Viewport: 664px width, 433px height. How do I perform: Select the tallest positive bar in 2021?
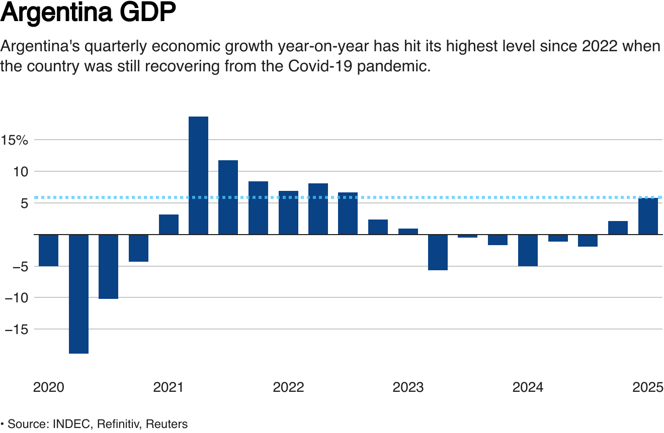[198, 175]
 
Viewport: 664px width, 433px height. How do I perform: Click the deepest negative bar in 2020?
[78, 294]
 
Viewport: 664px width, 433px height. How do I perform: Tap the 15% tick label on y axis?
[15, 140]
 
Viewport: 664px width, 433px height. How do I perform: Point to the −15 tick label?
[15, 330]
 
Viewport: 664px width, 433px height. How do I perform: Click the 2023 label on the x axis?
[408, 387]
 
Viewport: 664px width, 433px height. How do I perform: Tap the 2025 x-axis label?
[648, 387]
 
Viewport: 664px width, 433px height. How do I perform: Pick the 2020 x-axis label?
[48, 387]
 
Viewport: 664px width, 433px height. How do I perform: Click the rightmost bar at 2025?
[648, 216]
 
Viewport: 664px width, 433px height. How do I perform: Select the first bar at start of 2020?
[49, 250]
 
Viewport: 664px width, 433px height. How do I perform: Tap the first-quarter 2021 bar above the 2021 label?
[169, 225]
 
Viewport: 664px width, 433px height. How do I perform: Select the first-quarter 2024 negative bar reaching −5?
[528, 250]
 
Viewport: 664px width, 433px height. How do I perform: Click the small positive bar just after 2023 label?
[408, 232]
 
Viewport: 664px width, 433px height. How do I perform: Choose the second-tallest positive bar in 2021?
[228, 197]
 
